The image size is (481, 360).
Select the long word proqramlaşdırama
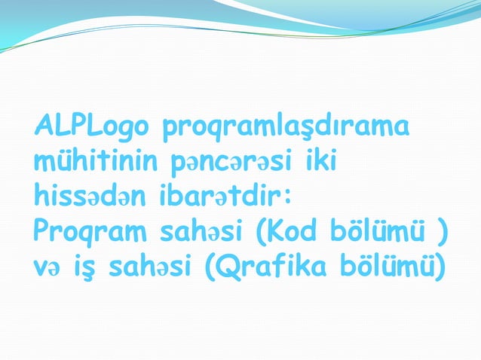pos(286,129)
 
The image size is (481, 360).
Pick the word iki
pos(323,160)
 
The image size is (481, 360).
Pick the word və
pos(45,264)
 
